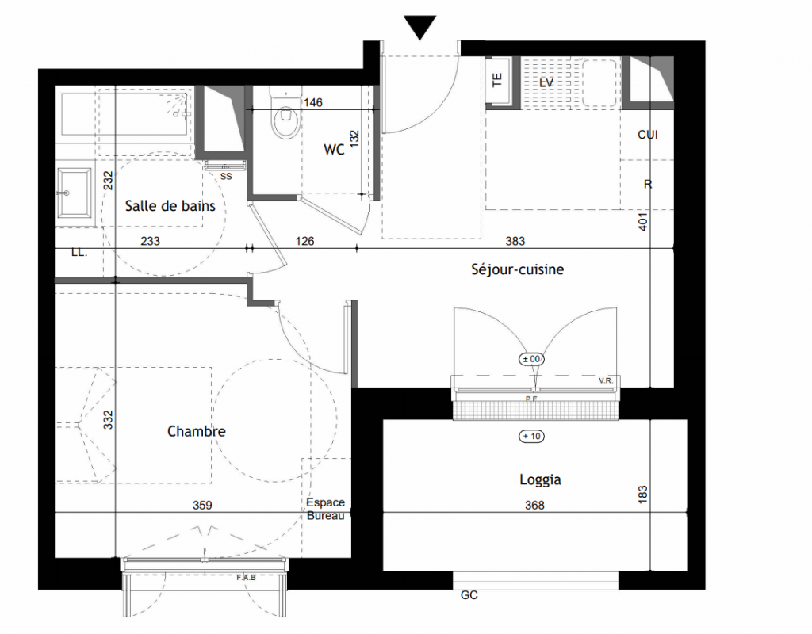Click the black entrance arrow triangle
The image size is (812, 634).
coord(420,26)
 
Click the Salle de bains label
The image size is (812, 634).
coord(170,206)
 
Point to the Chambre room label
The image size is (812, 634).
coord(197,431)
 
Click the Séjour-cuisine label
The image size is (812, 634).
coord(517,269)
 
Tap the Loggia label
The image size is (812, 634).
coord(540,479)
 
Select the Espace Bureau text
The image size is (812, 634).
coord(325,509)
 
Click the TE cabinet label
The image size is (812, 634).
coord(496,80)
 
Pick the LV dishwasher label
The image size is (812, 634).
coord(546,82)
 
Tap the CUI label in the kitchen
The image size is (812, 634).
coord(647,135)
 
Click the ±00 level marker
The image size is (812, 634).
coord(531,359)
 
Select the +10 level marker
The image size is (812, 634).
coord(531,437)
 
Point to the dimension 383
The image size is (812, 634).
coord(515,241)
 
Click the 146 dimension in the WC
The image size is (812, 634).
coord(312,102)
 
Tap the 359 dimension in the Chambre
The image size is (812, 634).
coord(202,505)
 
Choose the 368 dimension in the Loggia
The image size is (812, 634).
coord(534,505)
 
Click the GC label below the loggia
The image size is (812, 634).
coord(469,595)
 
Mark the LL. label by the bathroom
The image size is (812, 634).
coord(79,253)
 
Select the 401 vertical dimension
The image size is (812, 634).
coord(642,222)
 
